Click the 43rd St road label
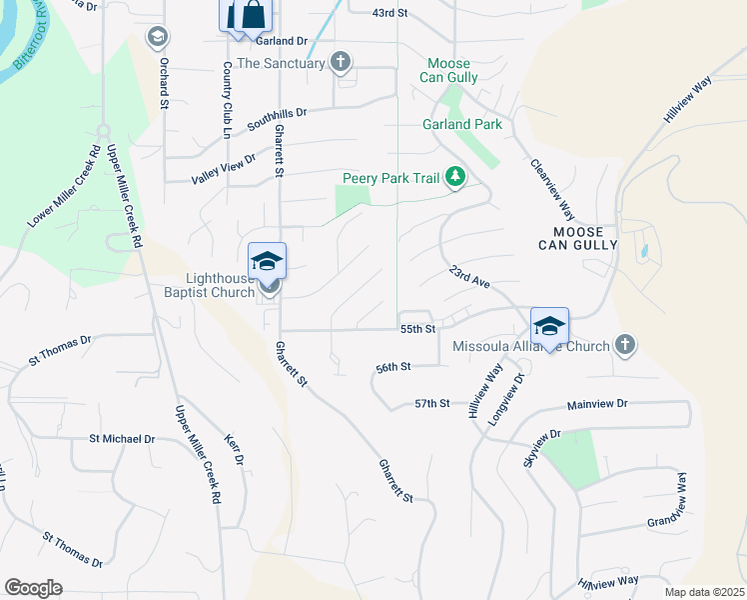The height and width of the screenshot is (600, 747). click(390, 13)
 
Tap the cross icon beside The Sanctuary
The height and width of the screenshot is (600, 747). click(341, 63)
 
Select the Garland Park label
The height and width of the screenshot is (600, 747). click(461, 125)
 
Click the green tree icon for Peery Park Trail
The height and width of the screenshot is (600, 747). click(455, 178)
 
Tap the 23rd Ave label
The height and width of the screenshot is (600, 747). click(468, 277)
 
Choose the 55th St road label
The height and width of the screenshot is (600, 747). click(417, 329)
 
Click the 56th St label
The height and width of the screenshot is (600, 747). click(393, 368)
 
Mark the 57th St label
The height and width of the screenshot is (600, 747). click(432, 404)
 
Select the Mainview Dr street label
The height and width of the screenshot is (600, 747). click(596, 404)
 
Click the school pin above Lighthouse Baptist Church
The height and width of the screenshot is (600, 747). click(267, 262)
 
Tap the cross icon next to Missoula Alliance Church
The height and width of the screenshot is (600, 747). click(625, 346)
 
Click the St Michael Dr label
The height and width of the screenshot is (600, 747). click(122, 439)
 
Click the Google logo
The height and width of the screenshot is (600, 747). click(33, 588)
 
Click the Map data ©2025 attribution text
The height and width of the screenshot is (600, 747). click(703, 592)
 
